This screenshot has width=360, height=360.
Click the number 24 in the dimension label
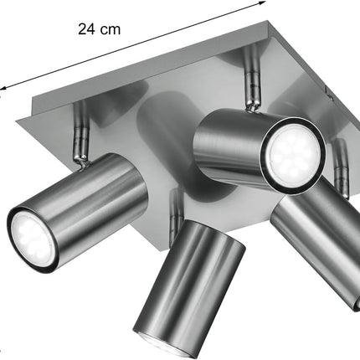click(x=86, y=29)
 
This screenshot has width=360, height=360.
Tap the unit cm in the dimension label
click(x=111, y=30)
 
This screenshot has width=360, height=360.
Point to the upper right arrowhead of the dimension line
click(x=262, y=3)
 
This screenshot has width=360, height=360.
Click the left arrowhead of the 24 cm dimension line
click(x=3, y=88)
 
